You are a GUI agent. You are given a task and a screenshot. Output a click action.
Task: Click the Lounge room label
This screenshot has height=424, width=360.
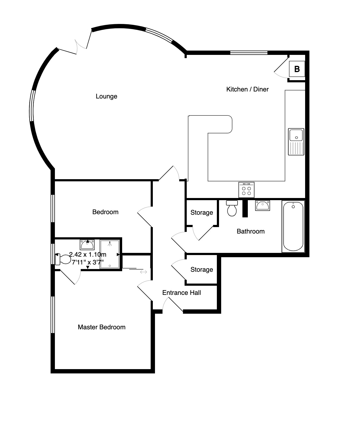[106, 96]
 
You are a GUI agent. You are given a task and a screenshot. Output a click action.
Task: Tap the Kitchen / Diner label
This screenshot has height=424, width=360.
[247, 89]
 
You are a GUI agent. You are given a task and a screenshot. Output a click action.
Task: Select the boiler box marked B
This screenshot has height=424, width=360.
[297, 69]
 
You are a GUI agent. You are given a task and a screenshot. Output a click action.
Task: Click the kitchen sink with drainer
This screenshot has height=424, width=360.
[296, 142]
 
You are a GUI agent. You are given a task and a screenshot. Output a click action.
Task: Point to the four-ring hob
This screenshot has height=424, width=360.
[246, 190]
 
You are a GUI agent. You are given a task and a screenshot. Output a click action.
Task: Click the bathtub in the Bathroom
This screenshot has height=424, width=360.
[293, 227]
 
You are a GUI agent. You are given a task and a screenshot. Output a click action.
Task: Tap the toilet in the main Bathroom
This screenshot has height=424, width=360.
[232, 208]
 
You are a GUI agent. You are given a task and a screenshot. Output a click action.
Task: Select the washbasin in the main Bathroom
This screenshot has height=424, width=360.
[263, 206]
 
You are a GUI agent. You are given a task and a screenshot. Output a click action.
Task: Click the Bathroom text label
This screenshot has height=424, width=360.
[250, 231]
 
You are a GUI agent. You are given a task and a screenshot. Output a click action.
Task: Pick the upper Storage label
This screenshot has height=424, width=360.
[202, 213]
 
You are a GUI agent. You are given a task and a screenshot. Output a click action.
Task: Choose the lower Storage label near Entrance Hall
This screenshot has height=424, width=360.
[202, 270]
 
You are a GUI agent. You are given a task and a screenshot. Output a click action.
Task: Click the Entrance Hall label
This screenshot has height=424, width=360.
[182, 293]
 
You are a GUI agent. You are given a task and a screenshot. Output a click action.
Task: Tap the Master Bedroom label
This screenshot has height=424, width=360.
[101, 327]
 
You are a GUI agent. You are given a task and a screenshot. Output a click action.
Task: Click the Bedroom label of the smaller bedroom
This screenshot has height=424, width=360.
[105, 212]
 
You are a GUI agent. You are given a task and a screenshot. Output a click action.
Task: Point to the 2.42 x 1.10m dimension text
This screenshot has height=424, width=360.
[88, 255]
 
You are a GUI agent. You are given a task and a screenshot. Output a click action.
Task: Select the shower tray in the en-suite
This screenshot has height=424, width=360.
[110, 254]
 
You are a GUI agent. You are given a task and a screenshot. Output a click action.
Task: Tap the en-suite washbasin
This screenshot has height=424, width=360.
[87, 245]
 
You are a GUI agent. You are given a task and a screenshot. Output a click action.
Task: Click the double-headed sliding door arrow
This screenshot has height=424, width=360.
[143, 272]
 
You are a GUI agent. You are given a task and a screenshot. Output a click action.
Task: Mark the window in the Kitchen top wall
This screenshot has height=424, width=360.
[249, 53]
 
